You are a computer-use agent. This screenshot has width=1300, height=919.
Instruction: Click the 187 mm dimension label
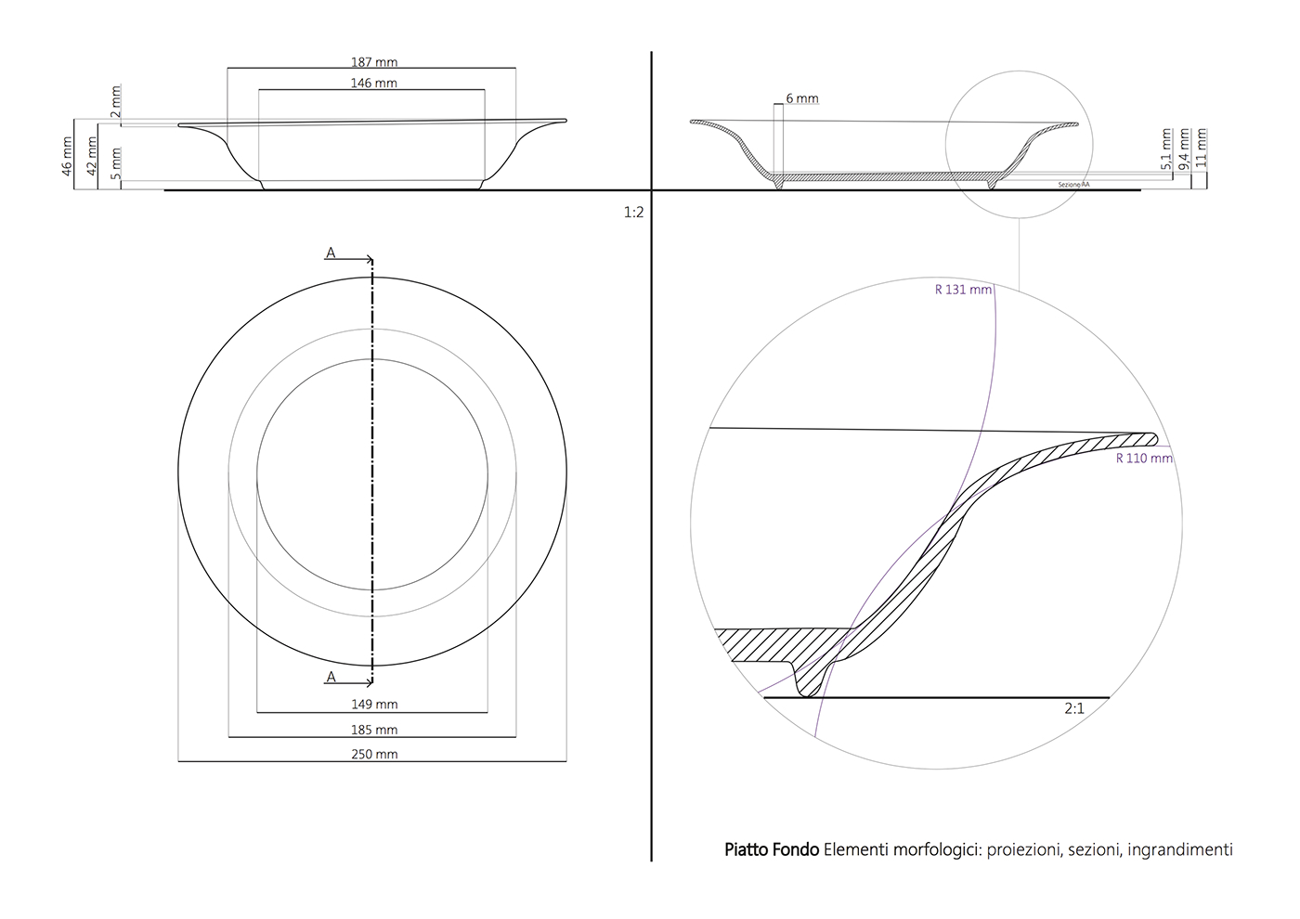tap(374, 62)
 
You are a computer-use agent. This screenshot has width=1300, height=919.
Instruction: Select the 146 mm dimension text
tap(373, 84)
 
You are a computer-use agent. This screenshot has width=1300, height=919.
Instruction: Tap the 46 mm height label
tap(67, 155)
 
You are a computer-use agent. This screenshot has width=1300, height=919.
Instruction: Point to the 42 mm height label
tap(91, 155)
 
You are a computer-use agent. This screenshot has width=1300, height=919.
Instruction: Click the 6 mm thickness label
tap(802, 98)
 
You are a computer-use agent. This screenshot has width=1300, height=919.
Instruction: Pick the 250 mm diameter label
tap(374, 755)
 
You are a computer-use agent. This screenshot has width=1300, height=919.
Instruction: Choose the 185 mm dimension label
tap(374, 731)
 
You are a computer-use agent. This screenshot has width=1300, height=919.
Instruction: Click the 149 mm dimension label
tap(374, 705)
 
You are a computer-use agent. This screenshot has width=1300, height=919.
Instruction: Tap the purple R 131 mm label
tap(963, 290)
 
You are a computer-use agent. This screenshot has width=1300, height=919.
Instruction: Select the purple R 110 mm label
tap(1144, 458)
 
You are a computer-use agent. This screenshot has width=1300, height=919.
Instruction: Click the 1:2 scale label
tap(633, 213)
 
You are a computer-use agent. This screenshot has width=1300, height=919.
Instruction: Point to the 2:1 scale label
tap(1074, 708)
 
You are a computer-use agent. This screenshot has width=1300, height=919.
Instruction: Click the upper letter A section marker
tap(331, 252)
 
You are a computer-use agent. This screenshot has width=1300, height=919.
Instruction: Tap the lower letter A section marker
tap(331, 678)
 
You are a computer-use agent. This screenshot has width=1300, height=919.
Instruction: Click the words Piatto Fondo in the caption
tap(772, 849)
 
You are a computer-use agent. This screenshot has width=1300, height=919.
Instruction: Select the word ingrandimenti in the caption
tap(1180, 849)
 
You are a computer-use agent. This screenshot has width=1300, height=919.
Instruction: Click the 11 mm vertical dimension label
tap(1202, 148)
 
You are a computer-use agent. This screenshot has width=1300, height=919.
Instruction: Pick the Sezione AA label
tap(1074, 185)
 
